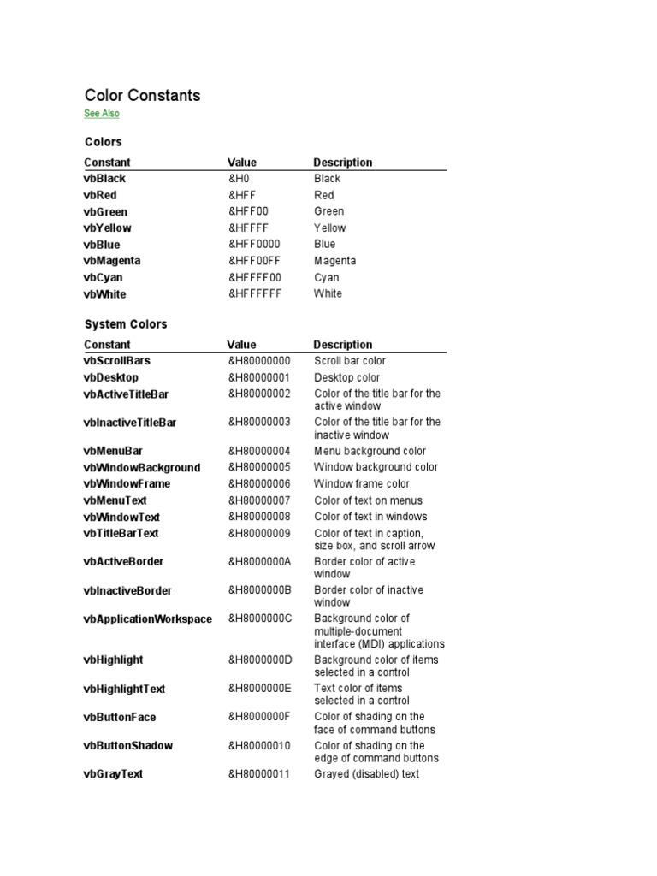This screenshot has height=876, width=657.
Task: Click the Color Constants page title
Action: click(x=142, y=95)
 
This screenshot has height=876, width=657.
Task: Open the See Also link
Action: click(x=102, y=114)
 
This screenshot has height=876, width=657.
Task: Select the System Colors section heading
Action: click(x=126, y=324)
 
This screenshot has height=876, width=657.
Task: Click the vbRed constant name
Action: click(x=100, y=195)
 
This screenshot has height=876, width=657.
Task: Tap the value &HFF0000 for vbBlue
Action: click(x=254, y=244)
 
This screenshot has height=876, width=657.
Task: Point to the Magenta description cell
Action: click(x=334, y=261)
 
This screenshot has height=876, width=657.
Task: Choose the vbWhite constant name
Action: click(x=104, y=294)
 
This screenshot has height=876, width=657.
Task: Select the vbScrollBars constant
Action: click(x=117, y=361)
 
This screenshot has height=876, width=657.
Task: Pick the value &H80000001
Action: click(x=259, y=377)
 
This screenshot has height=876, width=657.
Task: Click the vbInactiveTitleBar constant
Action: click(x=130, y=423)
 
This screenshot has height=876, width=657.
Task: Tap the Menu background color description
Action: click(x=370, y=451)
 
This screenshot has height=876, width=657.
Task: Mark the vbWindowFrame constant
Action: click(x=127, y=484)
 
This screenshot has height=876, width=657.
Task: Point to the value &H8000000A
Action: click(x=260, y=561)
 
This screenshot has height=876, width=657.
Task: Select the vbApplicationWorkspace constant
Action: click(x=148, y=619)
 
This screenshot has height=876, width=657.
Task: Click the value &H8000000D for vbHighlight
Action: click(x=260, y=660)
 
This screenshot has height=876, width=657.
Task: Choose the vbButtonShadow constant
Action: click(x=128, y=746)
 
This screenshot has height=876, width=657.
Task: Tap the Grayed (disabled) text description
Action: click(x=367, y=774)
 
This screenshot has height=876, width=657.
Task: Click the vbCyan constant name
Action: click(x=104, y=277)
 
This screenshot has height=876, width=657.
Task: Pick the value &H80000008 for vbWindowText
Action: click(x=259, y=517)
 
